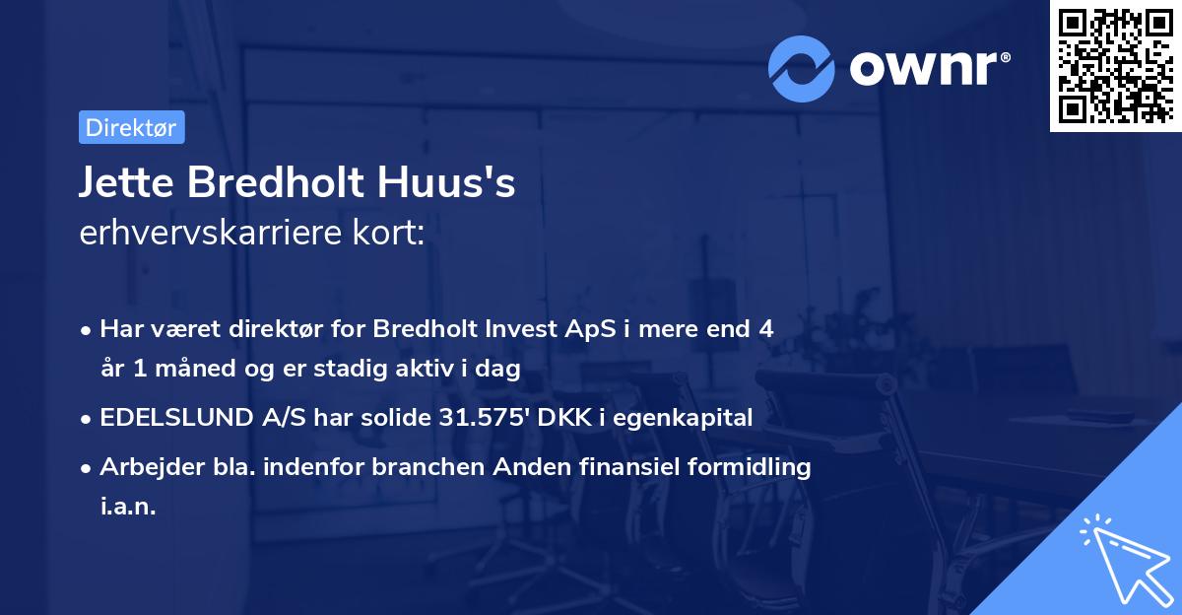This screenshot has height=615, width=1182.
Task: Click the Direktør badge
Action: pyautogui.click(x=130, y=127)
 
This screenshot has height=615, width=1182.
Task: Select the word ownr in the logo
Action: pyautogui.click(x=929, y=67)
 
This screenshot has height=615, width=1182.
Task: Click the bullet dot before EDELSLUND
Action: pyautogui.click(x=88, y=419)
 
